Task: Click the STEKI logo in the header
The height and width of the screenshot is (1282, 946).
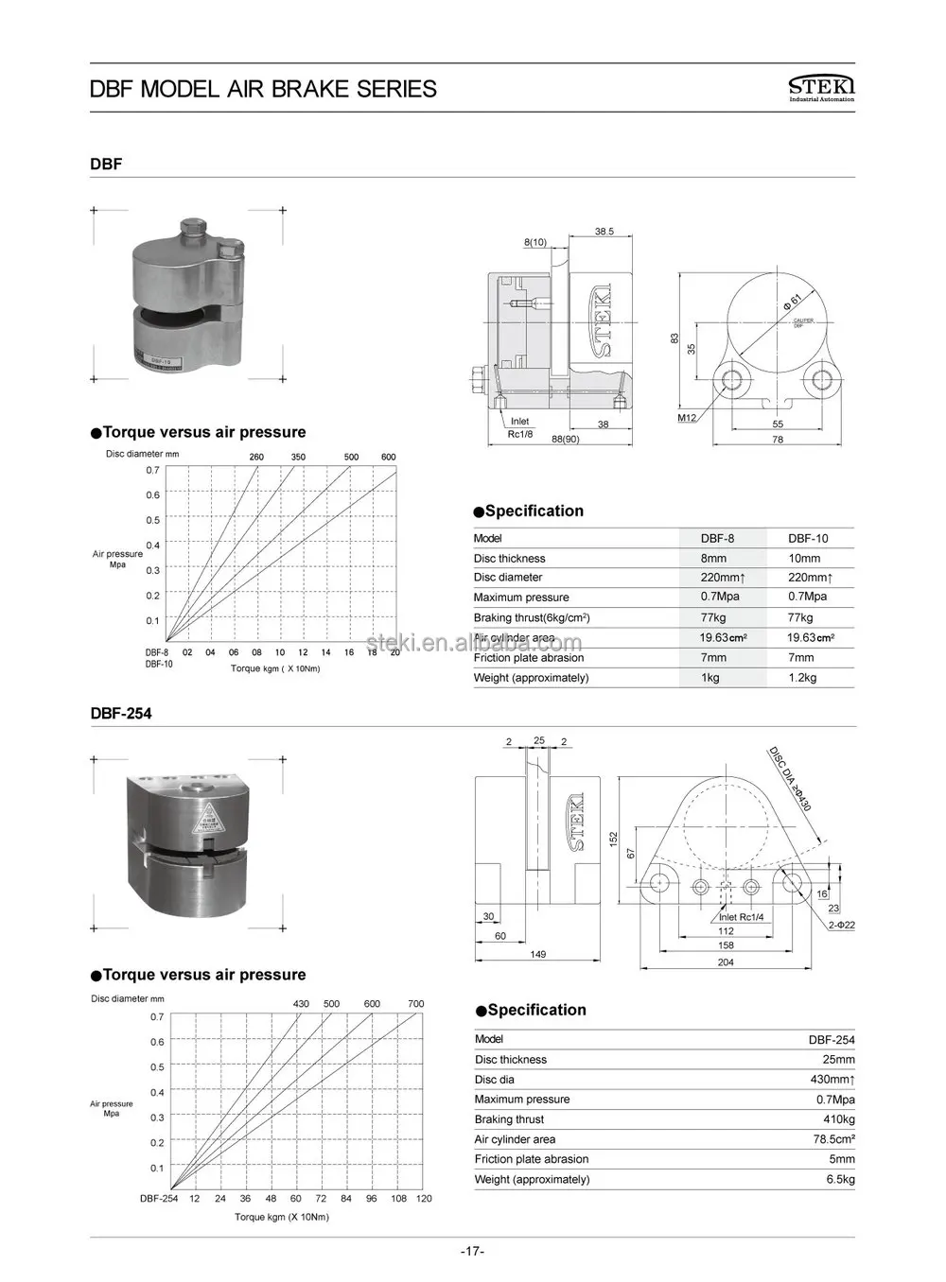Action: click(x=820, y=88)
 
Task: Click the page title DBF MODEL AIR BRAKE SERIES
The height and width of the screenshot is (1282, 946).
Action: click(x=263, y=89)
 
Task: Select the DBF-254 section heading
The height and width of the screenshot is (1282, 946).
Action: click(x=121, y=714)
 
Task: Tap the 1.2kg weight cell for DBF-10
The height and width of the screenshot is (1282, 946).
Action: click(x=802, y=677)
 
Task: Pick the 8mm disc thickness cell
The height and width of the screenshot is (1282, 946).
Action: click(x=713, y=558)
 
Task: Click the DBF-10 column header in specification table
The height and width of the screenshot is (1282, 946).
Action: click(x=808, y=538)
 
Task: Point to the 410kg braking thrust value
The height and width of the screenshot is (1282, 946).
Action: click(x=838, y=1119)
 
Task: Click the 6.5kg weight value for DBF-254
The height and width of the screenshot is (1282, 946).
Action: click(x=840, y=1179)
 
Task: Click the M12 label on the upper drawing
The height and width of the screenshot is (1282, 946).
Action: click(x=687, y=417)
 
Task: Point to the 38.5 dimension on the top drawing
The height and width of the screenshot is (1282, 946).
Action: click(x=604, y=232)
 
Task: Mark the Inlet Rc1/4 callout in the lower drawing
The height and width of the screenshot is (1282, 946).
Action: click(x=741, y=917)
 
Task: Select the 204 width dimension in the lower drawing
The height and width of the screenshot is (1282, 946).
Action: click(x=726, y=962)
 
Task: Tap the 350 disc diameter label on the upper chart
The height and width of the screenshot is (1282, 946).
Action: click(x=298, y=458)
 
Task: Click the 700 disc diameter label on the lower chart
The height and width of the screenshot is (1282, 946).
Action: click(x=415, y=1004)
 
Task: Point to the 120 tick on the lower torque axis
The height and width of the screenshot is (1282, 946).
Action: click(x=424, y=1198)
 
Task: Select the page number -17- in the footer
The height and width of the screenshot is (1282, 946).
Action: click(x=472, y=1252)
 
